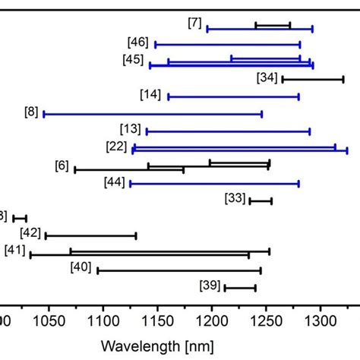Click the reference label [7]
click(195, 23)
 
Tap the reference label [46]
click(138, 42)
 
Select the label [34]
click(267, 77)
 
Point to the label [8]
click(32, 112)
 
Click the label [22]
click(116, 146)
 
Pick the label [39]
click(210, 286)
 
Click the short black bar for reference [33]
click(261, 201)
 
